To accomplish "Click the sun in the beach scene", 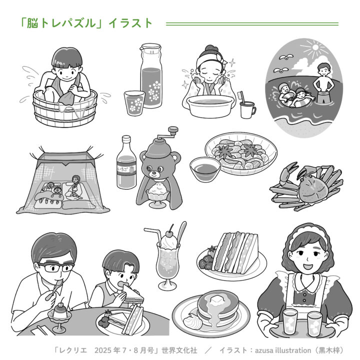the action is [315, 47].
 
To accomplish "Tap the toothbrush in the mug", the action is [242, 98].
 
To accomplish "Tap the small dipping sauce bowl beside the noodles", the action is [205, 169].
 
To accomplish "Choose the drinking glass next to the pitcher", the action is [134, 103].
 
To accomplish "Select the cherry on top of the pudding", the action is [61, 305].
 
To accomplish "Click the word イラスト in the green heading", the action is [130, 23].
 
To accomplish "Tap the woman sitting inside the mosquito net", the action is [74, 187].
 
